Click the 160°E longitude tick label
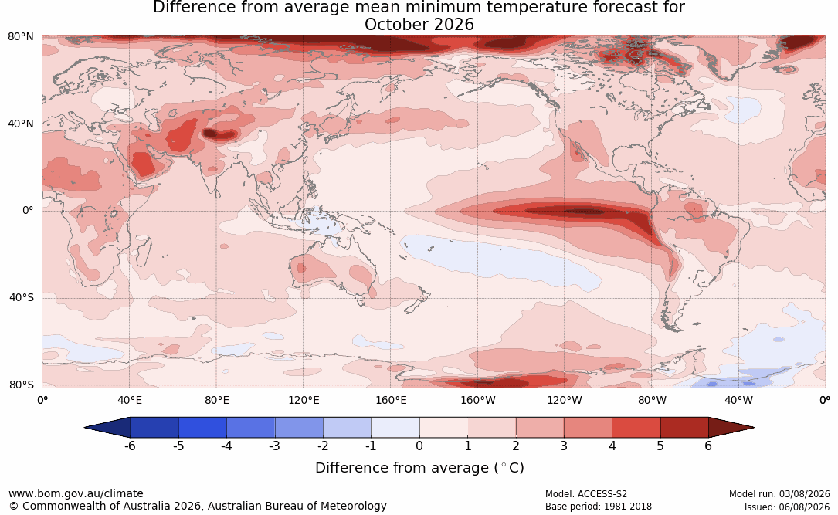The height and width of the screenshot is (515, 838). (391, 400)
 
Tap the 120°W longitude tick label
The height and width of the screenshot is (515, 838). (565, 400)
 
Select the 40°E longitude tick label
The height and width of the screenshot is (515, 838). (129, 400)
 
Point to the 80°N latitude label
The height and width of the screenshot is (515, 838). (20, 37)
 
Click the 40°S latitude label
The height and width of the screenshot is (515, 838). (21, 297)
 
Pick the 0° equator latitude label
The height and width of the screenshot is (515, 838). (28, 211)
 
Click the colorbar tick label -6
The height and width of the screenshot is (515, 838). (130, 446)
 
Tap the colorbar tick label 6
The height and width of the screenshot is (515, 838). (708, 446)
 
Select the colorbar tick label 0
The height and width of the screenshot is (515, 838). (419, 446)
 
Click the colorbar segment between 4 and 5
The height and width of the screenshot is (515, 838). (636, 428)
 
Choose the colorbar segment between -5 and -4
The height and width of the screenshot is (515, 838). (202, 428)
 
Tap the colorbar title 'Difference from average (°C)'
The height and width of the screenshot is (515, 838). (419, 468)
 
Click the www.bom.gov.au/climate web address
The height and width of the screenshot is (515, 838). (76, 493)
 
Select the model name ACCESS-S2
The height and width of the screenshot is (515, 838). (602, 494)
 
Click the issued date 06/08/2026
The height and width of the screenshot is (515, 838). (804, 507)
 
